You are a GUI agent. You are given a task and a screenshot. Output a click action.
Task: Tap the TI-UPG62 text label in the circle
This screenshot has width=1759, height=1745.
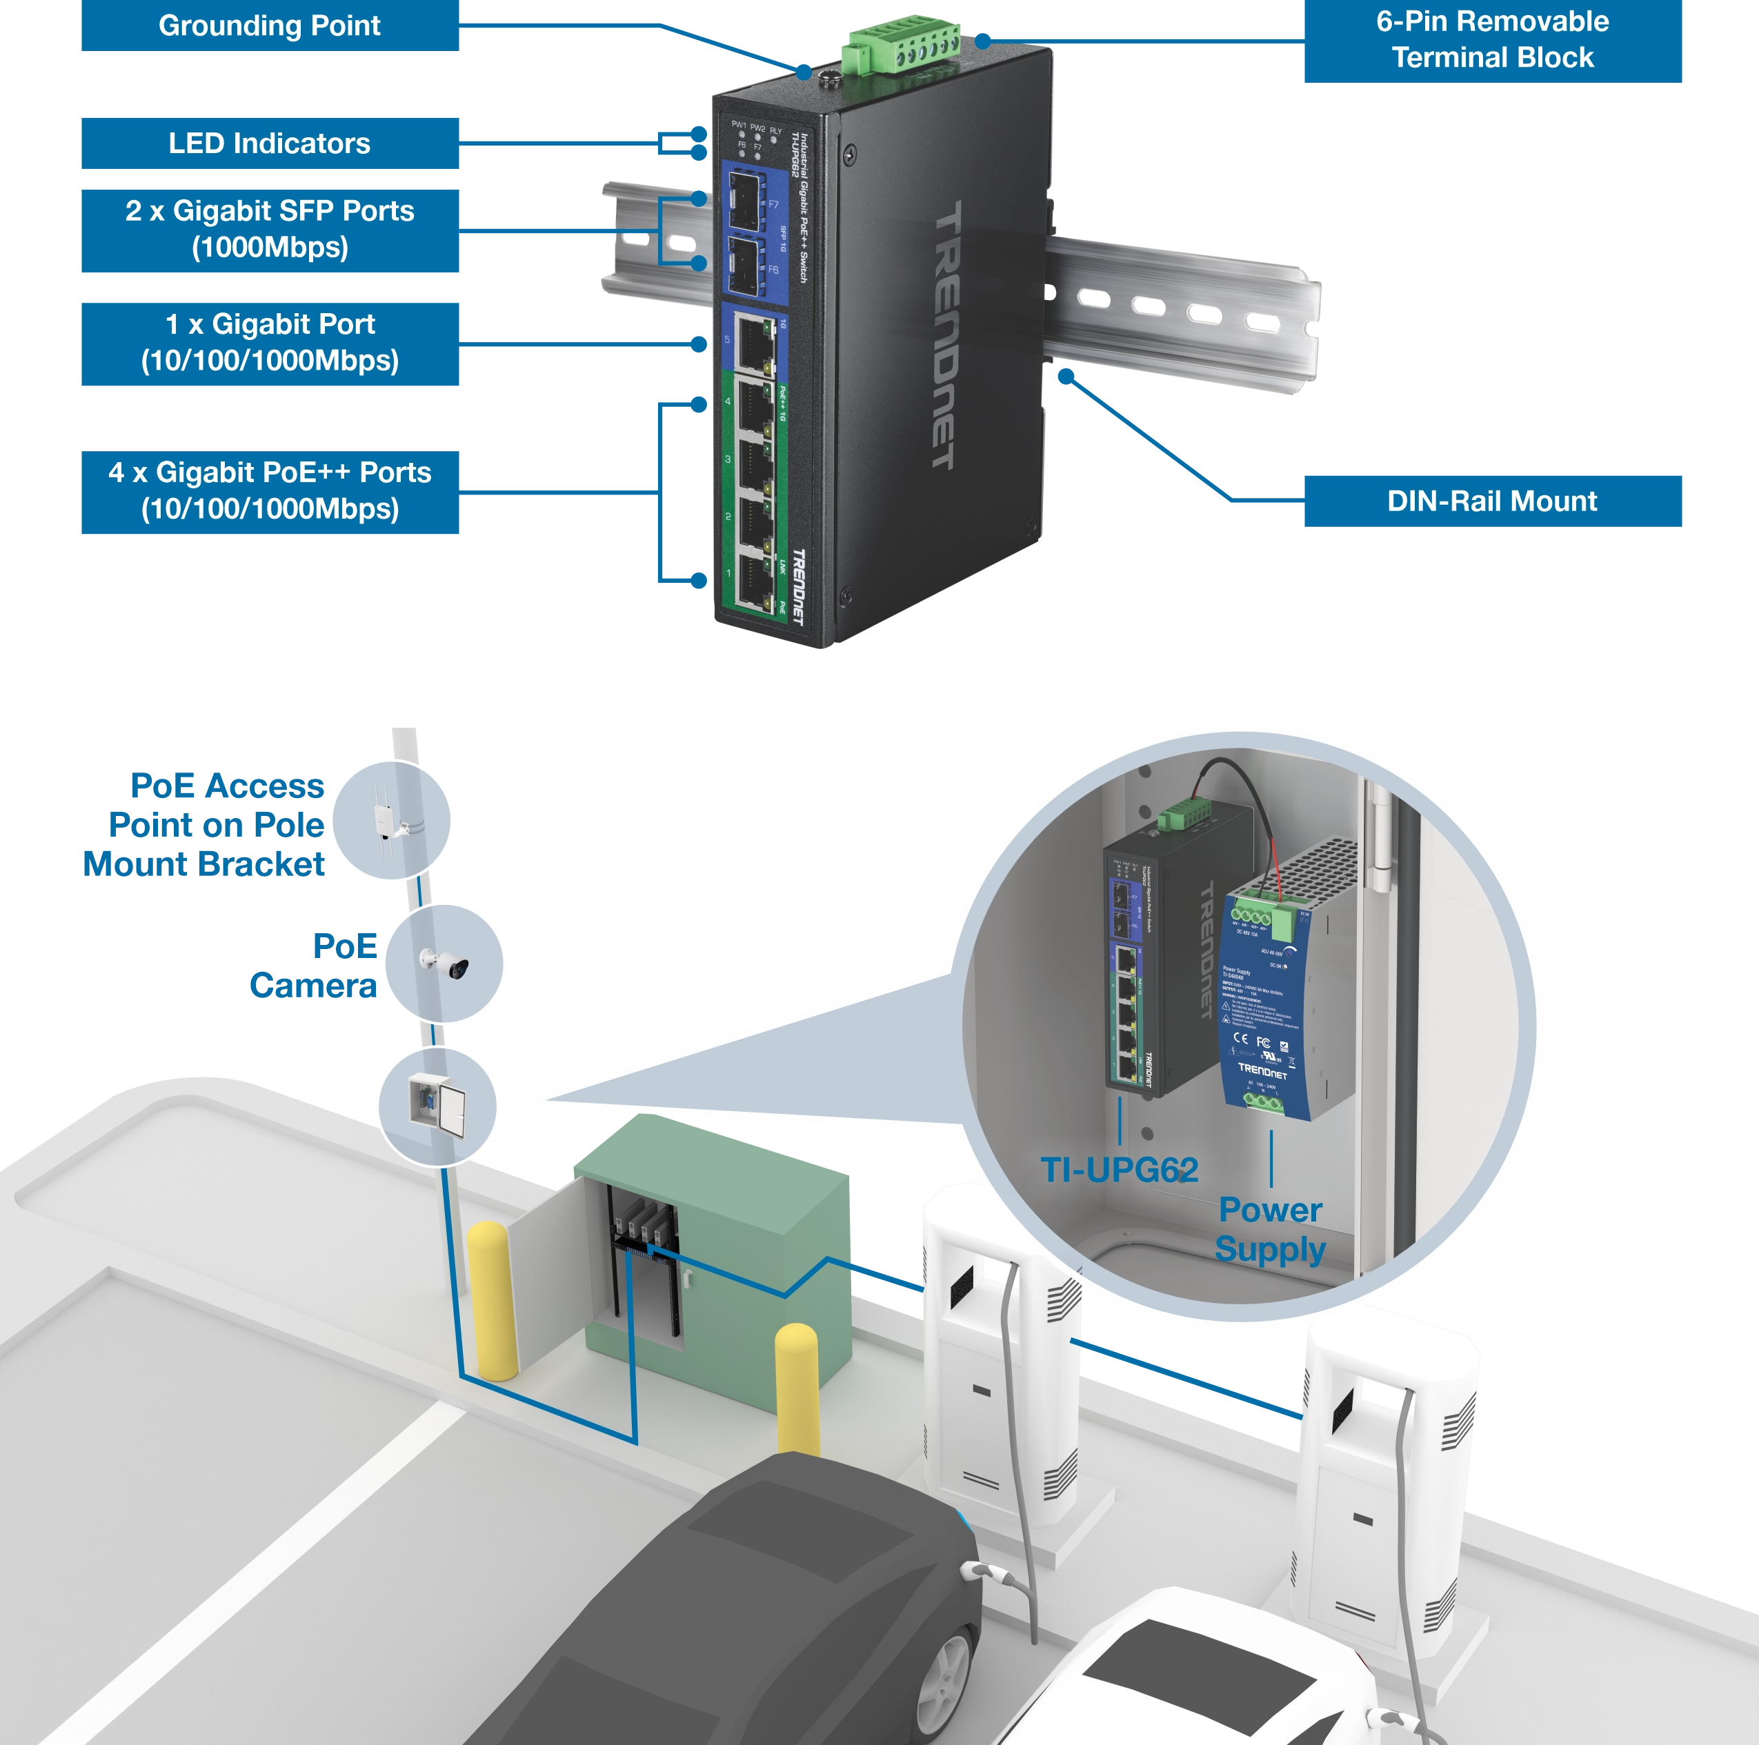1118,1170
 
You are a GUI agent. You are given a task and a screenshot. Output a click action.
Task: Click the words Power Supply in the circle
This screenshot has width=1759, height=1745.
1269,1229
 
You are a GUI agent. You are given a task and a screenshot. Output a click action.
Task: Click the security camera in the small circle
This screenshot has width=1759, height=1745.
444,962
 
